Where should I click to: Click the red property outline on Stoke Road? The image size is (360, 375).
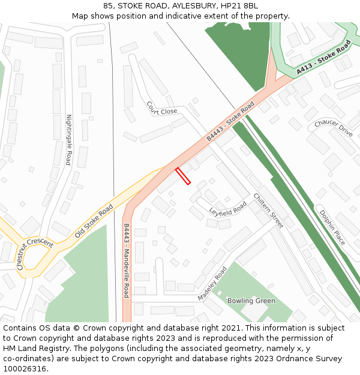(x=183, y=176)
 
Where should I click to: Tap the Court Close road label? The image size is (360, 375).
(x=161, y=108)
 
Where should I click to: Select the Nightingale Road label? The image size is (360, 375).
(x=68, y=140)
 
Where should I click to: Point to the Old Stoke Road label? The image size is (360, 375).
(x=94, y=221)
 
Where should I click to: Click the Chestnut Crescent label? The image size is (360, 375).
(x=35, y=253)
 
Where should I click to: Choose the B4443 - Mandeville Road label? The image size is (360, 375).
(x=127, y=260)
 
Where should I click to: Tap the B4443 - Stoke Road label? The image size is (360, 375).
(x=231, y=121)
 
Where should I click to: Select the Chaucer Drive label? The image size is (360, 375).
(x=334, y=128)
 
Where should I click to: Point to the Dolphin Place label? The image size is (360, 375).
(x=332, y=227)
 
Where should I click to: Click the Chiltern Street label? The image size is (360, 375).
(x=268, y=210)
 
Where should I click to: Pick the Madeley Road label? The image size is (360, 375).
(x=212, y=284)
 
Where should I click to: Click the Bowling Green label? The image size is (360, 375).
(x=251, y=301)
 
